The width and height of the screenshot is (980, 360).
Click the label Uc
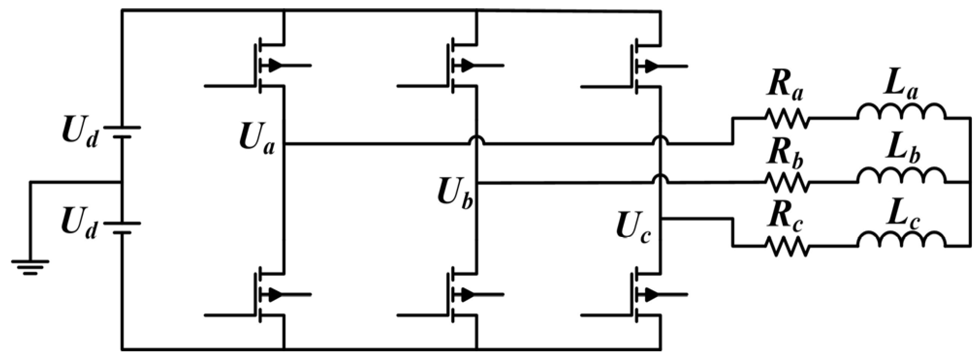tap(633, 226)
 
